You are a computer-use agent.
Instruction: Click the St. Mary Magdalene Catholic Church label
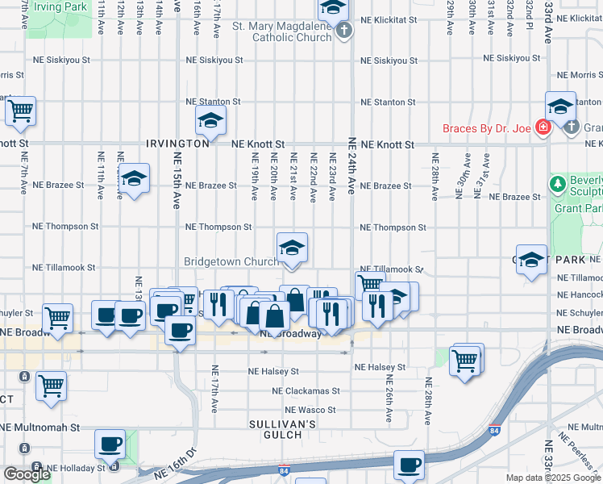(x=281, y=31)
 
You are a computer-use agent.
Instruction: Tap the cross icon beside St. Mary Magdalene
(x=344, y=32)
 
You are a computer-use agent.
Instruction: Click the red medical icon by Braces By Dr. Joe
(x=543, y=128)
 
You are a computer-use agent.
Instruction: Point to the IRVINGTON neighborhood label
(x=178, y=144)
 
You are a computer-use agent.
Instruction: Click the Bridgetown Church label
(x=231, y=261)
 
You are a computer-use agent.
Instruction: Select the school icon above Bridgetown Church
(x=292, y=247)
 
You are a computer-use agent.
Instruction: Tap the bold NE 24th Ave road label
(x=351, y=165)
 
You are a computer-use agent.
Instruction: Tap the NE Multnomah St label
(x=40, y=428)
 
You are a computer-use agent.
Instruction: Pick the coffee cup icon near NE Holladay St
(x=110, y=443)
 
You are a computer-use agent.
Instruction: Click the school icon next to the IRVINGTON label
(x=210, y=120)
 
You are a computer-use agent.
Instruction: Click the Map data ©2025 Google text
(x=552, y=478)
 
